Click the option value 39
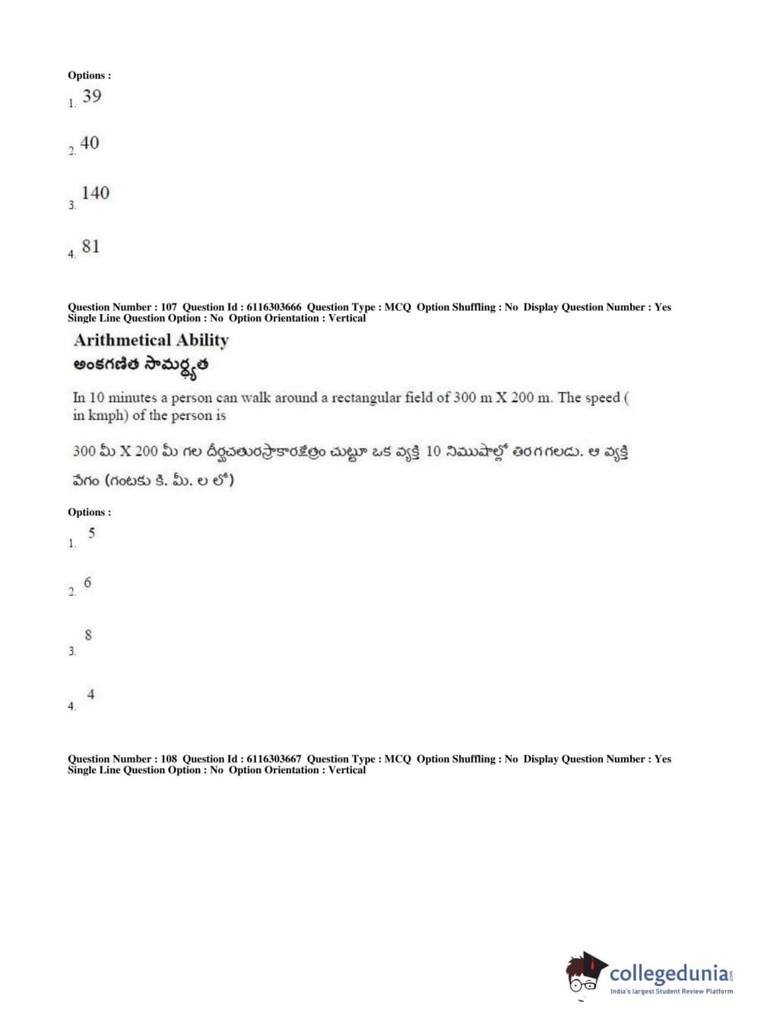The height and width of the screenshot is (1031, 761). (92, 97)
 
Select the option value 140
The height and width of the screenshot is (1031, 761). (96, 193)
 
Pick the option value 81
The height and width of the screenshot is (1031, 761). (90, 246)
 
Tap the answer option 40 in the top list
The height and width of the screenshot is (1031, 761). (90, 143)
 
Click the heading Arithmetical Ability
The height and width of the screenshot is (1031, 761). (151, 340)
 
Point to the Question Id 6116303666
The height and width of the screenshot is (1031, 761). (274, 307)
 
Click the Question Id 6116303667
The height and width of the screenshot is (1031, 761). (274, 759)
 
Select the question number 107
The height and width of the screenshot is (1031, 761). (169, 307)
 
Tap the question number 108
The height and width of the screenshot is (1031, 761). (169, 759)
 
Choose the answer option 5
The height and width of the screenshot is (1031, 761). (91, 533)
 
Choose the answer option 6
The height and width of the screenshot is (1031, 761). (87, 582)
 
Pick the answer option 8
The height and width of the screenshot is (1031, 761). (88, 635)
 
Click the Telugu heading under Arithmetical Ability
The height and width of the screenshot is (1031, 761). (141, 366)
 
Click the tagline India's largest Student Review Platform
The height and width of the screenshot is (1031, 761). (671, 991)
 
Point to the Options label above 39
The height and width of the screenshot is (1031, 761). (89, 75)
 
